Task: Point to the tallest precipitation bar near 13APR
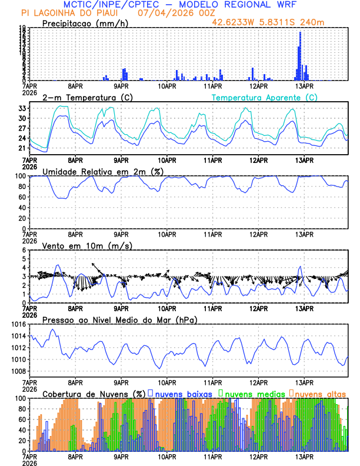click(300, 56)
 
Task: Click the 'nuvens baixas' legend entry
click(182, 393)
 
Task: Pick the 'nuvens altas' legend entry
click(321, 393)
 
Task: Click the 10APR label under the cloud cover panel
click(168, 457)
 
